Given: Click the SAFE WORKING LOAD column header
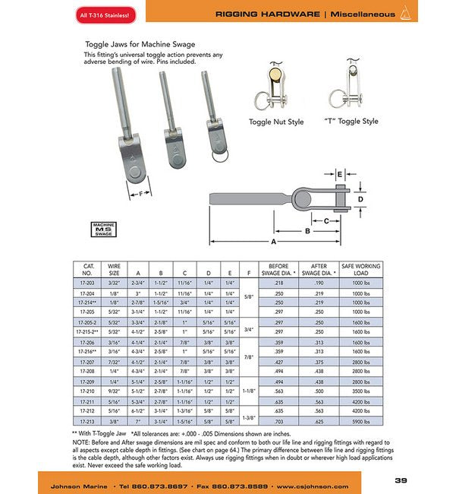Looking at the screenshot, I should [x=361, y=269].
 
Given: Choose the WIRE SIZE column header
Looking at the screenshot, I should [x=114, y=269].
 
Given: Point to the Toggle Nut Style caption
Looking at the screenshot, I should [x=276, y=121].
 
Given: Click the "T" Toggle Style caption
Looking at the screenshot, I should [x=351, y=121].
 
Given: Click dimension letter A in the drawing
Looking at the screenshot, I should [x=273, y=242].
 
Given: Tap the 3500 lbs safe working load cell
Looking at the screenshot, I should [x=361, y=391].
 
